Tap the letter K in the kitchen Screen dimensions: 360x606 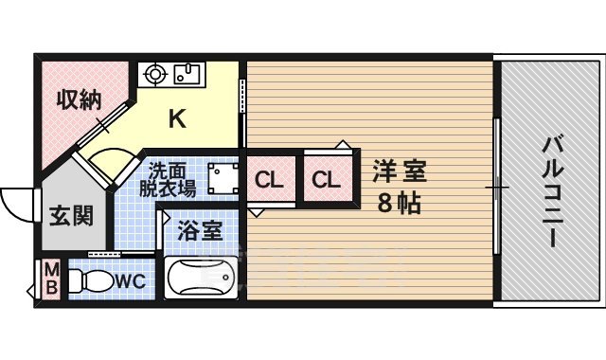(x=177, y=118)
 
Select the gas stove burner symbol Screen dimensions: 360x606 (x=156, y=73)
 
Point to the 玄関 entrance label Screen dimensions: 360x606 (x=71, y=215)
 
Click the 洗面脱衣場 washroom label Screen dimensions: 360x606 (x=168, y=180)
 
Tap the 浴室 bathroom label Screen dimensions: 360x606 (x=200, y=230)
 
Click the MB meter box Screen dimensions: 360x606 (x=50, y=280)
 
